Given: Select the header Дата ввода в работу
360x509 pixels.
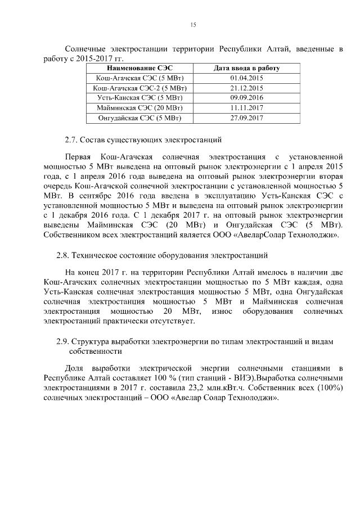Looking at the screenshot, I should (247, 68).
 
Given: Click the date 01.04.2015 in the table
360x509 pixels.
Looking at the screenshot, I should (247, 78).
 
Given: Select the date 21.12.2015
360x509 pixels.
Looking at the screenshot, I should (247, 88).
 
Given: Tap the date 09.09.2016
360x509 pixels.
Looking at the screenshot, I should (247, 98).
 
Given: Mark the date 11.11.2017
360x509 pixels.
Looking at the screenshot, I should (247, 108).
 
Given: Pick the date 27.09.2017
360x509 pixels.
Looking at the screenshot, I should (247, 118).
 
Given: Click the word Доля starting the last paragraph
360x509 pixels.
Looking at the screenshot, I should (75, 367).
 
